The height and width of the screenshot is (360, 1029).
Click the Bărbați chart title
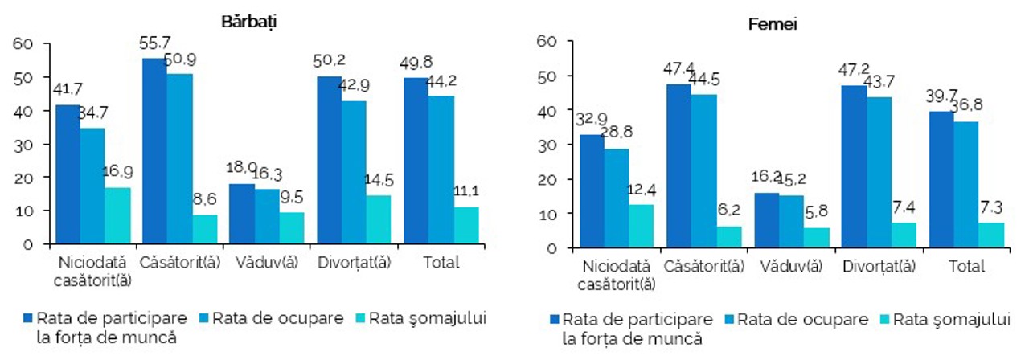click(x=248, y=22)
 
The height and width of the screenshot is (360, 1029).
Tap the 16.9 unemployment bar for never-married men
click(x=117, y=215)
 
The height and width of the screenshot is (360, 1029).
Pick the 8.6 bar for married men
click(x=204, y=229)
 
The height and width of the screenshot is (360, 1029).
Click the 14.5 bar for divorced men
click(x=379, y=219)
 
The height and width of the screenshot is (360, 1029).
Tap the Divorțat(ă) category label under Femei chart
click(x=879, y=266)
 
